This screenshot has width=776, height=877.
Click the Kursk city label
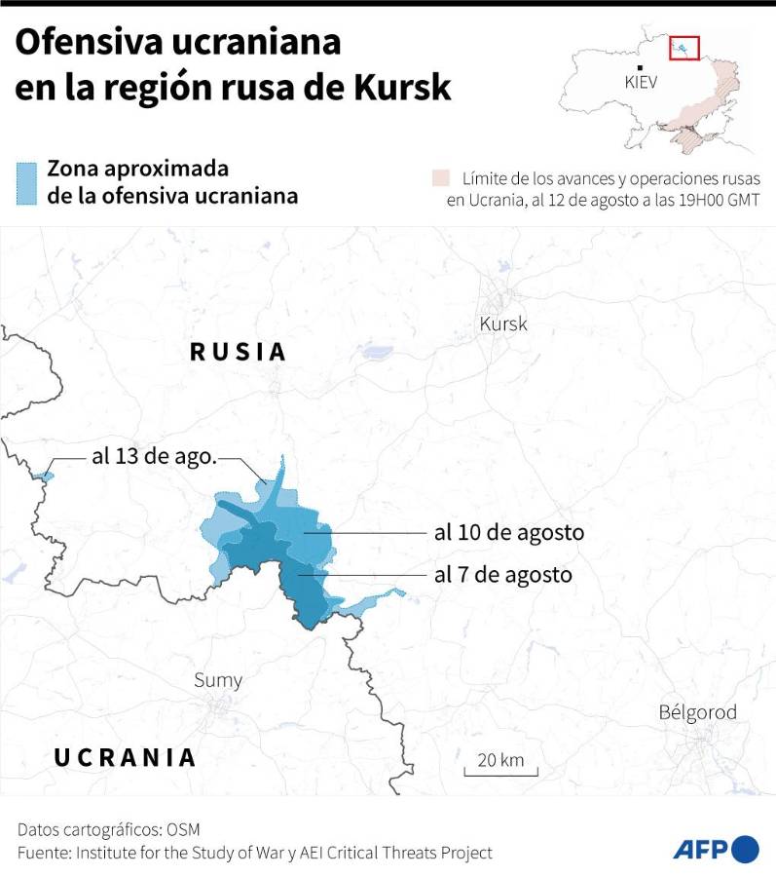[503, 324]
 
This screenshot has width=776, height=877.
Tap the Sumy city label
[218, 680]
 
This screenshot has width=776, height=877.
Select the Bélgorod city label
[697, 712]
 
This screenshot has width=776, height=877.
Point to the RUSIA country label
[239, 352]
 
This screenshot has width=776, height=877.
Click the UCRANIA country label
[125, 757]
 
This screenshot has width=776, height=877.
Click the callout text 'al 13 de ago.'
[154, 456]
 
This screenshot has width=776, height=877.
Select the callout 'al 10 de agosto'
[508, 533]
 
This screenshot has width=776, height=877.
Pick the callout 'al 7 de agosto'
[502, 575]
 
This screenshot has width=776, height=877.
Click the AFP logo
[716, 848]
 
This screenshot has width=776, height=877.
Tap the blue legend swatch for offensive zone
[26, 182]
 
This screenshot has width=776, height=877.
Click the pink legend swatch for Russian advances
[441, 178]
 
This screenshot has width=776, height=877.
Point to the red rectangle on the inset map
[685, 46]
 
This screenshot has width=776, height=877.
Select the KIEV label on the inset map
[641, 83]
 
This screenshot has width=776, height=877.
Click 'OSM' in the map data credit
[182, 829]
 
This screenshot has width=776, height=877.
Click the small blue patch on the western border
[43, 475]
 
